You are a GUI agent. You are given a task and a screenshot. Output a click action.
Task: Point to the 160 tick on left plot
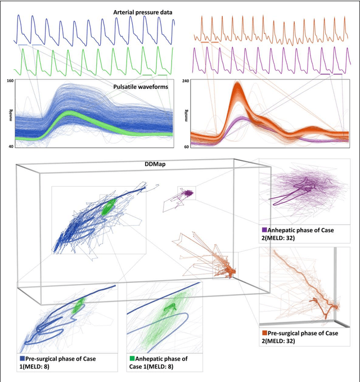click(x=10, y=82)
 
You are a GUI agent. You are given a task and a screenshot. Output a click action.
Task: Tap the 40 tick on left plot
click(x=11, y=146)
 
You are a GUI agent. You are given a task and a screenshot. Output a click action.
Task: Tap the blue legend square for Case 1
click(x=22, y=357)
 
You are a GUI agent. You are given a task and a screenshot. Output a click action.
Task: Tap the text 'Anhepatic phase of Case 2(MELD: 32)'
click(x=307, y=233)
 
